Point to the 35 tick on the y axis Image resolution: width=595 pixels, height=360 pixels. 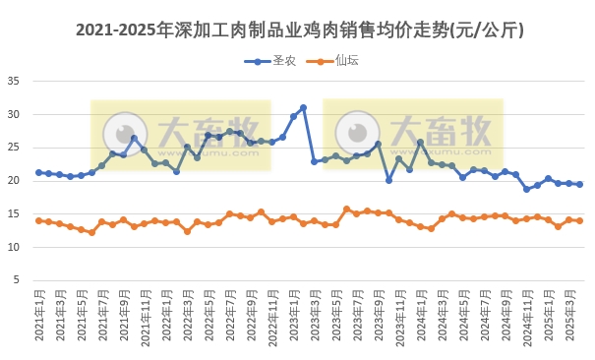point(15,81)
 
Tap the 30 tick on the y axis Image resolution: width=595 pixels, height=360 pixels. point(15,114)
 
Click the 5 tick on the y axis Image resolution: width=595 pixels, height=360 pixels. point(18,280)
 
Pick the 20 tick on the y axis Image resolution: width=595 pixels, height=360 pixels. point(15,180)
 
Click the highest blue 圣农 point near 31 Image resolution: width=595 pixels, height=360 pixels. point(303,107)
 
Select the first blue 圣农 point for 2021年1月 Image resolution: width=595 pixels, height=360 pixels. point(38,172)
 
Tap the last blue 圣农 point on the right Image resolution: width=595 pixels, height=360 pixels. point(579,184)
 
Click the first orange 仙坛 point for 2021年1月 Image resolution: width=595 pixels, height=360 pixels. point(38,220)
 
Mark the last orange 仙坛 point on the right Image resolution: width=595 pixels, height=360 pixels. point(579,220)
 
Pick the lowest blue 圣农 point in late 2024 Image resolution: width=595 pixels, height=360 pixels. point(526,189)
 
